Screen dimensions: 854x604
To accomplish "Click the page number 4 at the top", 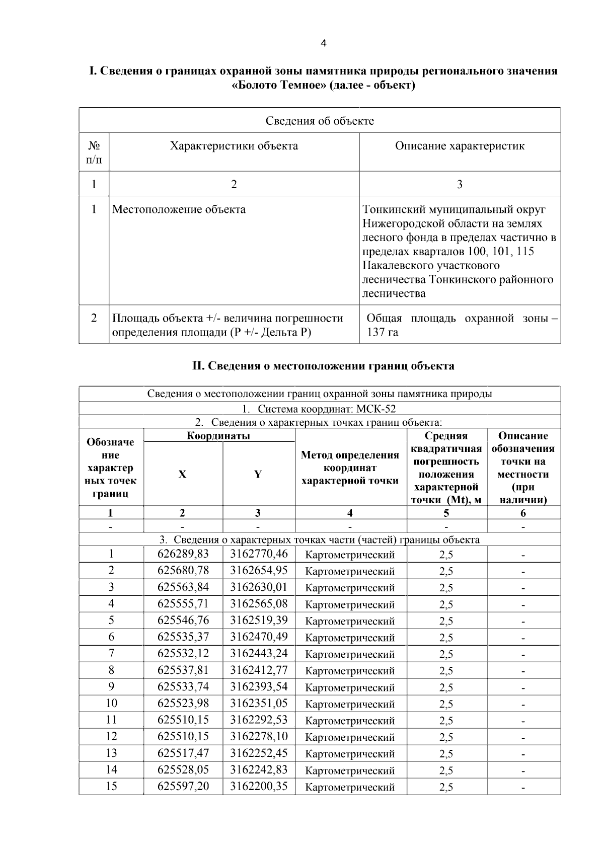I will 323,43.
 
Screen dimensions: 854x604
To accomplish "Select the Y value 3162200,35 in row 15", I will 259,786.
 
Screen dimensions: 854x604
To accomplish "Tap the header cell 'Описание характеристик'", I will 460,146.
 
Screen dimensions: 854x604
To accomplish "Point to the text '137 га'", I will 382,333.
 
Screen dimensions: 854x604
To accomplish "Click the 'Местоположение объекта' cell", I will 179,209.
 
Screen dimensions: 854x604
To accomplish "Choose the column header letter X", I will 182,474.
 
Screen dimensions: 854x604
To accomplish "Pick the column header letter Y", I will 258,474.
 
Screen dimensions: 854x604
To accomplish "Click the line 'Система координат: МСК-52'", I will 320,409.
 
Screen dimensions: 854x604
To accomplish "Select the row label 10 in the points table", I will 111,703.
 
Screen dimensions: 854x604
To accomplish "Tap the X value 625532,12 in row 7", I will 183,653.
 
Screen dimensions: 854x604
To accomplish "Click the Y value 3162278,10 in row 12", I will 259,736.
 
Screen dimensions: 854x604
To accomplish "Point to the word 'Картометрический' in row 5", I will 350,621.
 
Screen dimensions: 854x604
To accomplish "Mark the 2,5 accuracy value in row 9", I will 446,687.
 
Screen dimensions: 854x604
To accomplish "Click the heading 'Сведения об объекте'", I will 320,121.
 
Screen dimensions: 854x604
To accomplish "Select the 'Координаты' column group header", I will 218,436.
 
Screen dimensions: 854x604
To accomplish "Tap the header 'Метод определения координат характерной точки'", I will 350,468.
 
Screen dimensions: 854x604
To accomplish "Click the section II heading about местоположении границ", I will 323,366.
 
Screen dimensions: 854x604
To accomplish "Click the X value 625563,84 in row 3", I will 183,587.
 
